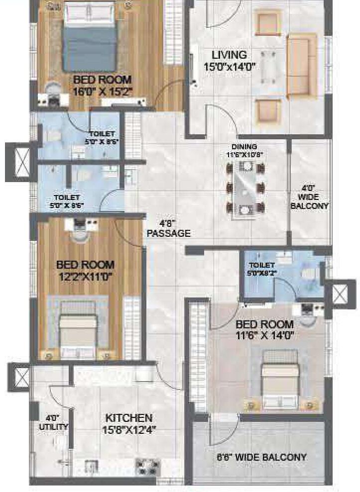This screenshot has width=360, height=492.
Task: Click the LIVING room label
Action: click(229, 55)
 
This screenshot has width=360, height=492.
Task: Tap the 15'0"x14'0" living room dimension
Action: click(229, 67)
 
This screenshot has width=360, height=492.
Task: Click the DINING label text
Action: click(244, 147)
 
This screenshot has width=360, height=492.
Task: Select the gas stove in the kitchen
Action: click(148, 467)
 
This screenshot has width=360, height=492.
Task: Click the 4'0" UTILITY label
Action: click(54, 422)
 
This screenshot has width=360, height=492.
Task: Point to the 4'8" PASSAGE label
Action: click(167, 228)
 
